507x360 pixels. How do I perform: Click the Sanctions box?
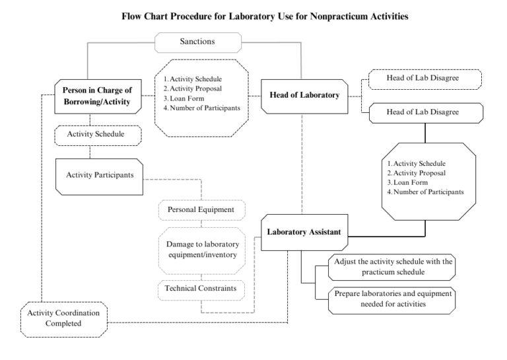pos(198,42)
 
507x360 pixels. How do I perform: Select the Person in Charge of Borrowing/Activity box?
pos(98,96)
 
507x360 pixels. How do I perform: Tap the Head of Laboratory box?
pos(304,96)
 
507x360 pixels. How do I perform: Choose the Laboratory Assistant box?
pos(304,233)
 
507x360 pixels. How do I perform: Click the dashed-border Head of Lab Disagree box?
pos(425,79)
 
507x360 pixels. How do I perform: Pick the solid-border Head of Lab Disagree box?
pos(426,113)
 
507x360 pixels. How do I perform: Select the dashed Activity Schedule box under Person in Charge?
pos(98,135)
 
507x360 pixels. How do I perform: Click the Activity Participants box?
pos(99,176)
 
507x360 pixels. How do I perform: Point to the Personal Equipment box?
pos(202,210)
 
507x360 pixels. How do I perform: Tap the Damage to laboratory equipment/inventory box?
pos(202,250)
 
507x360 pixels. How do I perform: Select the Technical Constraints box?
pos(201,290)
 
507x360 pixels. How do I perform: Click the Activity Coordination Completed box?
pos(64,320)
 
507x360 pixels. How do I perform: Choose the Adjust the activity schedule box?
pos(392,267)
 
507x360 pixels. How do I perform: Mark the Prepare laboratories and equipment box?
pos(392,301)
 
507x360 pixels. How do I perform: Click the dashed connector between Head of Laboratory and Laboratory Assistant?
pos(302,164)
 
